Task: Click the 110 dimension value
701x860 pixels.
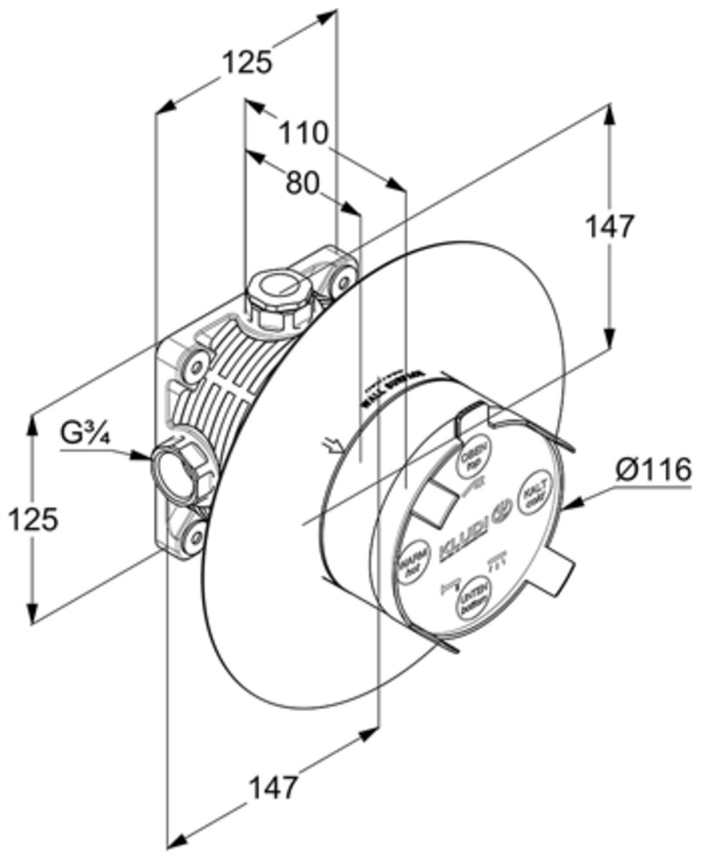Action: tap(303, 133)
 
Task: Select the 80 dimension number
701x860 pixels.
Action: tap(302, 184)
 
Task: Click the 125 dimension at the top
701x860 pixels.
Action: tap(247, 63)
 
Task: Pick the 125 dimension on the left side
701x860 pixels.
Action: tap(33, 519)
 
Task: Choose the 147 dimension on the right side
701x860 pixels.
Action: tap(609, 227)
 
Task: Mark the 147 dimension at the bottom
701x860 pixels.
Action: tap(274, 787)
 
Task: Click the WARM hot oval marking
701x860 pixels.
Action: tap(410, 562)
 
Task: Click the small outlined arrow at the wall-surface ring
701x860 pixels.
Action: tap(333, 444)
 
